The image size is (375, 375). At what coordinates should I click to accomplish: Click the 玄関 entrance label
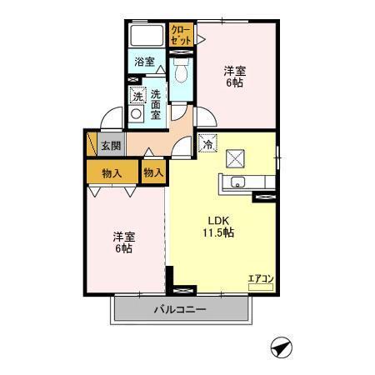pos(111,146)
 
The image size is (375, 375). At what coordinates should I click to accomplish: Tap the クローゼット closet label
pos(181,35)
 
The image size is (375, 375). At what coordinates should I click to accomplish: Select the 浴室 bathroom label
pos(144,62)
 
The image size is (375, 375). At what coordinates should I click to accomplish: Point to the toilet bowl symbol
pos(181,71)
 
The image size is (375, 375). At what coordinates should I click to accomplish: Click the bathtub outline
pos(147,35)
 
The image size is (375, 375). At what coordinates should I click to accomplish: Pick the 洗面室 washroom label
pos(156,104)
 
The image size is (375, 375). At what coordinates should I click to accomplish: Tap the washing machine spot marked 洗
pos(137,95)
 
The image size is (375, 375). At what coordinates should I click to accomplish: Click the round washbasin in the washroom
pos(136,114)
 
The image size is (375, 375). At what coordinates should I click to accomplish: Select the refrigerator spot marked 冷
pos(207,143)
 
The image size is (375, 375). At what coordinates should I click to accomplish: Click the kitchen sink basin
pos(237,182)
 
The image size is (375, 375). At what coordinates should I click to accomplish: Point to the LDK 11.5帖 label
pos(218,227)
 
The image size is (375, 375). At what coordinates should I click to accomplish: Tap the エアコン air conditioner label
pos(261,278)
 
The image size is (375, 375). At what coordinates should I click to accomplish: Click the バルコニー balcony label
pos(180,309)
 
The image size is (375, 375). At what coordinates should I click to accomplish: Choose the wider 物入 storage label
pos(112,173)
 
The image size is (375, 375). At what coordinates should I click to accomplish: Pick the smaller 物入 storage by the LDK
pos(153,172)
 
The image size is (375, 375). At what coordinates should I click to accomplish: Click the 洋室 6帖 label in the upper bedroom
pos(235,77)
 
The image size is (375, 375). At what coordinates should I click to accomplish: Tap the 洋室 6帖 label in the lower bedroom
pos(124,242)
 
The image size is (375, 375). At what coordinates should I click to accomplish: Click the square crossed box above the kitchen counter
pos(235,158)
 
